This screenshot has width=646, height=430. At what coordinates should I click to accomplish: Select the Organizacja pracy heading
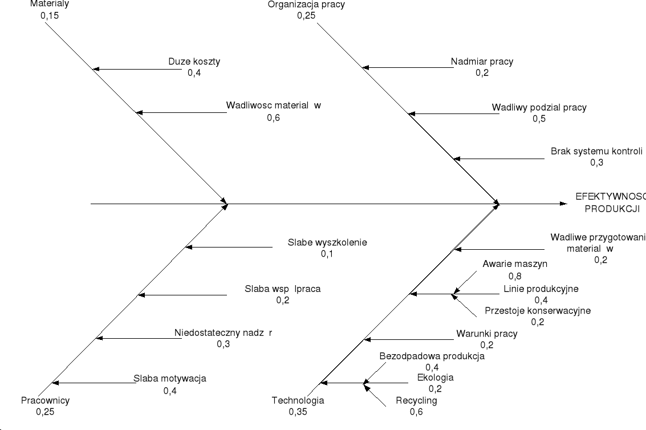[x=306, y=5]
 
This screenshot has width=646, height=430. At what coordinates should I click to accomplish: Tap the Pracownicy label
[x=45, y=400]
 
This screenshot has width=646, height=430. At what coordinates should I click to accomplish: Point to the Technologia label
[x=298, y=400]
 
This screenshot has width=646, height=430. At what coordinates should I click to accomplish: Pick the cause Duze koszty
[x=194, y=62]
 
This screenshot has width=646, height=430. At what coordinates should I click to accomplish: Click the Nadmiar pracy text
[x=482, y=62]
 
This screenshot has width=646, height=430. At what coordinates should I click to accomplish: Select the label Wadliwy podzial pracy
[x=539, y=107]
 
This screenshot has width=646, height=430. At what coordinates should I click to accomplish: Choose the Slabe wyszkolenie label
[x=327, y=242]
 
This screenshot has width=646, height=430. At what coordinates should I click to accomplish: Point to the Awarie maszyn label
[x=515, y=264]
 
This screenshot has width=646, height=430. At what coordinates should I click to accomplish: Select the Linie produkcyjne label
[x=541, y=289]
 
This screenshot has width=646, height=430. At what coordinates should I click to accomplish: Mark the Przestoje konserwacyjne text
[x=537, y=311]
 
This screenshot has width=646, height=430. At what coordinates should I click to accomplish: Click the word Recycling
[x=416, y=400]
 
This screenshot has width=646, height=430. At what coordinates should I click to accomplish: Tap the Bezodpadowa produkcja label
[x=432, y=356]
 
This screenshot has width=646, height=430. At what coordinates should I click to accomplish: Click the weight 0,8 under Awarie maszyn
[x=515, y=277]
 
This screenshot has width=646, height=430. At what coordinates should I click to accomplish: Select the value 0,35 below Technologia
[x=298, y=412]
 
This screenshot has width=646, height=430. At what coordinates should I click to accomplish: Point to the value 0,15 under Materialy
[x=50, y=16]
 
